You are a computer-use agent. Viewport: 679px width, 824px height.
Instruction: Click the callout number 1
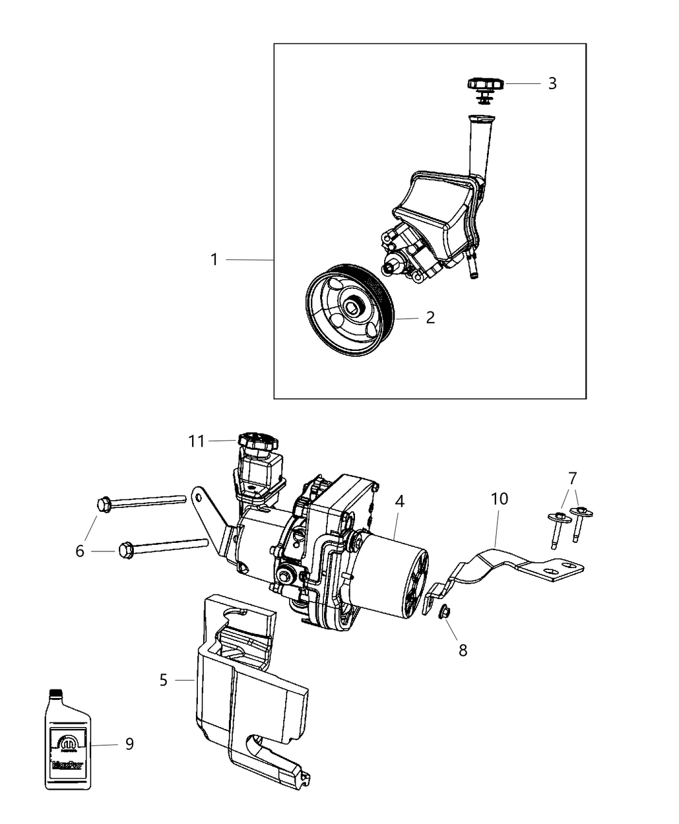214,260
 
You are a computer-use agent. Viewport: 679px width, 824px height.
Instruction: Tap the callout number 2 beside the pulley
430,318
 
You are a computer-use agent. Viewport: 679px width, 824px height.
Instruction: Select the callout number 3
552,83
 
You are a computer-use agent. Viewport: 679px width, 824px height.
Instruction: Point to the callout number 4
400,501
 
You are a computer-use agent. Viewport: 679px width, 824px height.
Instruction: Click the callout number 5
163,680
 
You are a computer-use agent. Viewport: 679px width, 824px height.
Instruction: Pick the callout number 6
80,551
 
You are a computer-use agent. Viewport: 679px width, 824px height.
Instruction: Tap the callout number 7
572,478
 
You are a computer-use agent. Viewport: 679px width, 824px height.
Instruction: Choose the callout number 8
463,650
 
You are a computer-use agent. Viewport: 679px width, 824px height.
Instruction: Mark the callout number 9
129,744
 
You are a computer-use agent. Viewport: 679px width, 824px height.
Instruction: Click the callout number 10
500,499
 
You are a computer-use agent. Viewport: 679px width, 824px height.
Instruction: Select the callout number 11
197,441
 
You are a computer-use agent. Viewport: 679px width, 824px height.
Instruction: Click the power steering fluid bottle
68,740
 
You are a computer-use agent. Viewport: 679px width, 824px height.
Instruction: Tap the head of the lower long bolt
125,551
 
